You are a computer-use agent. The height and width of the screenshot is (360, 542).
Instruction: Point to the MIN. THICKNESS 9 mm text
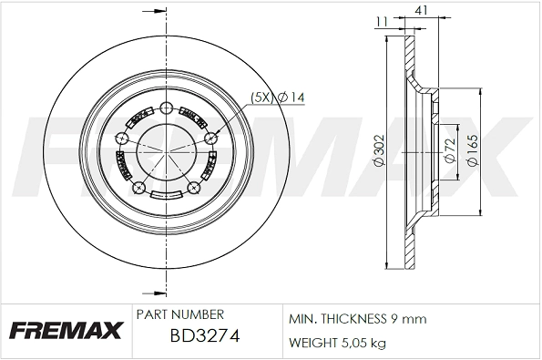[358, 320]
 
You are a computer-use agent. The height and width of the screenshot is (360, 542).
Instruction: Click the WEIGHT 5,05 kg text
[338, 343]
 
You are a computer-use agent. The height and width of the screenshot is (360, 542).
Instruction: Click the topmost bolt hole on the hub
[166, 109]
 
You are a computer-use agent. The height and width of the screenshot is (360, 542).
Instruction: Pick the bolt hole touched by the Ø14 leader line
[211, 138]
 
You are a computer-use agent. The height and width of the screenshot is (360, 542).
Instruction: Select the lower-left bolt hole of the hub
[139, 188]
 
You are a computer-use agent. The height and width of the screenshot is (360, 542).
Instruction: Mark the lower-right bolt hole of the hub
[194, 190]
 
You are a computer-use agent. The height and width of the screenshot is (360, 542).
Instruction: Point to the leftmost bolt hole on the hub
[122, 138]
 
